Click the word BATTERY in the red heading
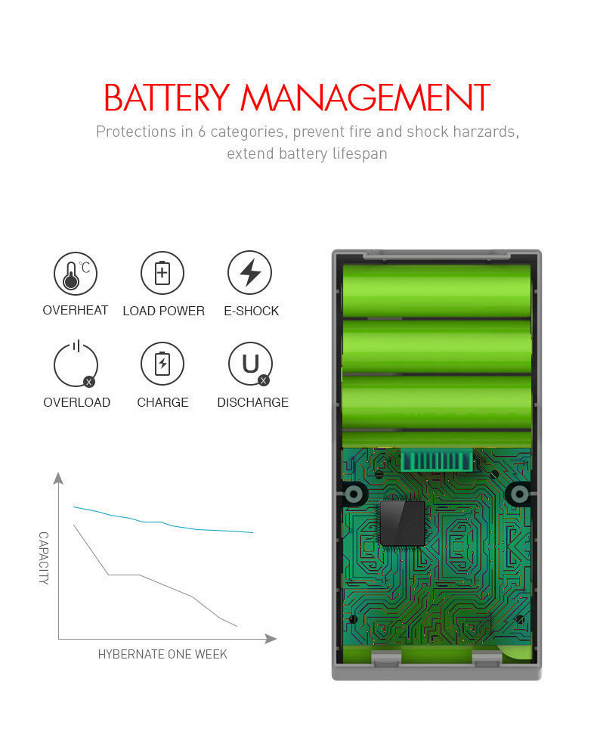coord(166,98)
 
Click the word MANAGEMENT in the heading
coord(365,98)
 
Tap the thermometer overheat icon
coord(75,273)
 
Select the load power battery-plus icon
coord(162,273)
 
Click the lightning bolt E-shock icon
coord(250,273)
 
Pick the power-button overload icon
coord(75,364)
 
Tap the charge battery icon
coord(162,364)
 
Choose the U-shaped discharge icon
coord(250,364)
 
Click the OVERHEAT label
coord(75,310)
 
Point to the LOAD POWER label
coord(163,311)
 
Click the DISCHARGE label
coord(252,402)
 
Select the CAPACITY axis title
coord(43,558)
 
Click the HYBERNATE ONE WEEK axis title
coord(162,654)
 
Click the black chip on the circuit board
coord(402,522)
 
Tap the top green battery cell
coord(436,290)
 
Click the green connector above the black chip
coord(436,461)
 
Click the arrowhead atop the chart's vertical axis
coord(58,477)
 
